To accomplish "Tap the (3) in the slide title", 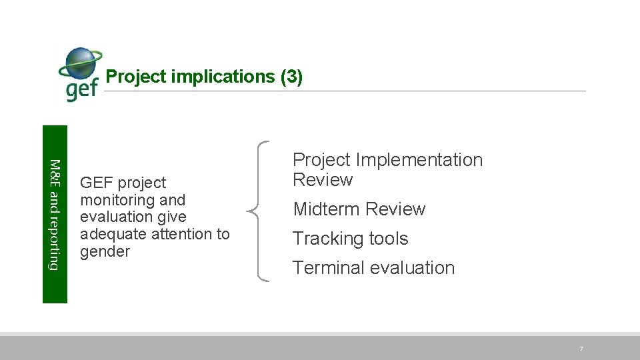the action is [292, 77].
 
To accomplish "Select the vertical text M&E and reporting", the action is [55, 215].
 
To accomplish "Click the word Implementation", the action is [419, 160].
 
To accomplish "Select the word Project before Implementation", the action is [321, 160].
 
